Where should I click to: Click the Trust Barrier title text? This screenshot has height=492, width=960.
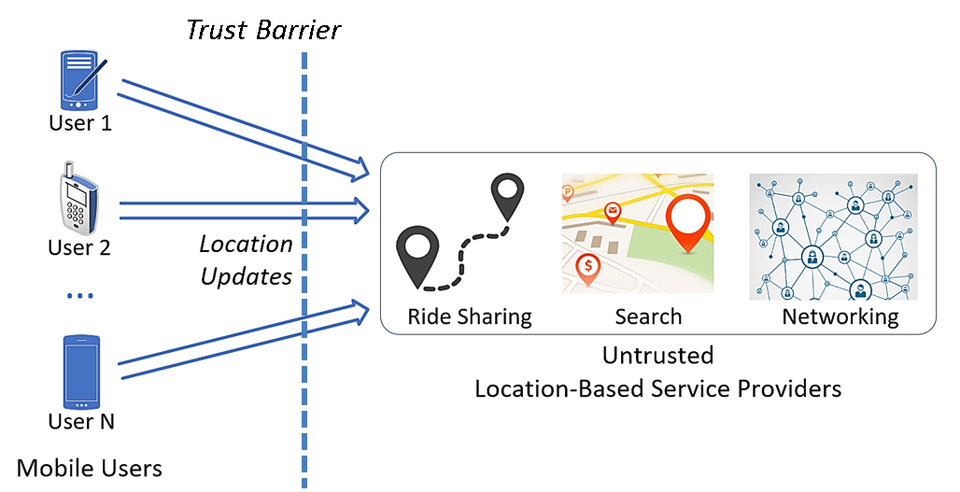tap(263, 30)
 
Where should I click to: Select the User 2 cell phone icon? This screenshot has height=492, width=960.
tap(78, 197)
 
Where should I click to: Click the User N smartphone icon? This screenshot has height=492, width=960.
tap(81, 372)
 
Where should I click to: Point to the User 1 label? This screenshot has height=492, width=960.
tap(80, 123)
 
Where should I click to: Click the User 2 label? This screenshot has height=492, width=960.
tap(79, 247)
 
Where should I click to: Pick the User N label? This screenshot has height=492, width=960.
tap(81, 422)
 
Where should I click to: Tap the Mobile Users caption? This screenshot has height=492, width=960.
tap(90, 468)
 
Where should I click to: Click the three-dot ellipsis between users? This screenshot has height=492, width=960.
tap(80, 296)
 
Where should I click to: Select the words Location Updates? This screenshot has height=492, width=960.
tap(247, 260)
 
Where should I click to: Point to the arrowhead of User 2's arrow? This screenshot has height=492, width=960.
tap(361, 211)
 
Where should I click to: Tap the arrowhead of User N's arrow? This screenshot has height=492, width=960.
tap(360, 311)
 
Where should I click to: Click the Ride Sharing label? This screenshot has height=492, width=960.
tap(470, 317)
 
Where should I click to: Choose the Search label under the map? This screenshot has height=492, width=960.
tap(648, 317)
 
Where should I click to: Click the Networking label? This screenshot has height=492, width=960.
tap(840, 317)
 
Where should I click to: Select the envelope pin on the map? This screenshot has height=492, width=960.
tap(613, 212)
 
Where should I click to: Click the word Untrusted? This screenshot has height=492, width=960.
tap(658, 356)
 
